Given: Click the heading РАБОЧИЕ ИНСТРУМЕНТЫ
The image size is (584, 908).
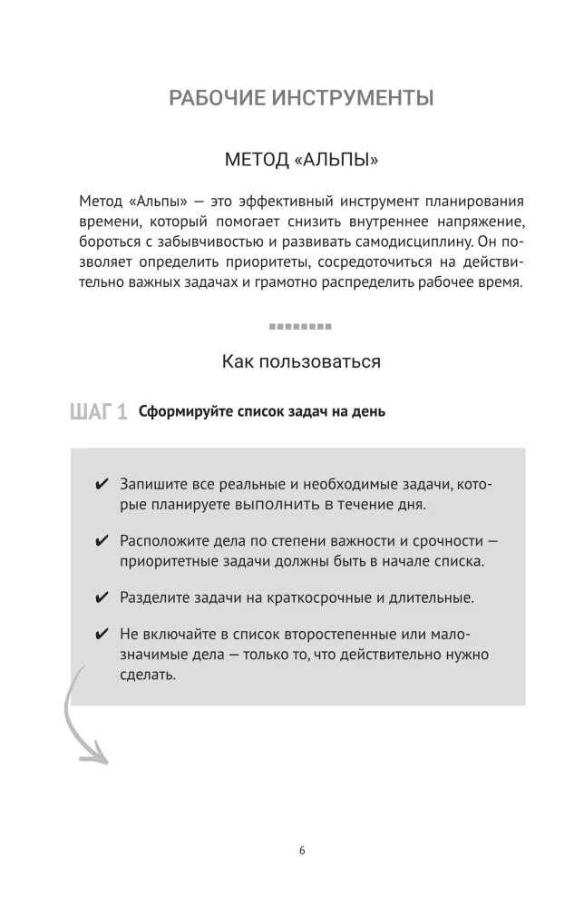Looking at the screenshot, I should (x=301, y=98).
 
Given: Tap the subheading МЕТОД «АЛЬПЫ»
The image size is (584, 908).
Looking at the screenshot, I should (x=301, y=160).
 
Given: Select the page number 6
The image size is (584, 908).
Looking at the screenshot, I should (x=301, y=851).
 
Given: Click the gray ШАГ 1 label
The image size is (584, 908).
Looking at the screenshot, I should (x=97, y=413).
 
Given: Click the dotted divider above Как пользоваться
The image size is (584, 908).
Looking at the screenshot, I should (x=300, y=325).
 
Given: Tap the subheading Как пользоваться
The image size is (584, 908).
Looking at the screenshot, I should (x=301, y=361).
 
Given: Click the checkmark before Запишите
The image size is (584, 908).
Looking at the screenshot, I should (x=102, y=485).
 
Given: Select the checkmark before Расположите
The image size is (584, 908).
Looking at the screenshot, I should (x=102, y=541).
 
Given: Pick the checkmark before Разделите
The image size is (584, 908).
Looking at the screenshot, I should (x=102, y=597).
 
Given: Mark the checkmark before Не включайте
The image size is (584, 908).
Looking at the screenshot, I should (x=102, y=634).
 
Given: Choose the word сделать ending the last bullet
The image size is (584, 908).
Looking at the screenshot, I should (x=148, y=676).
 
